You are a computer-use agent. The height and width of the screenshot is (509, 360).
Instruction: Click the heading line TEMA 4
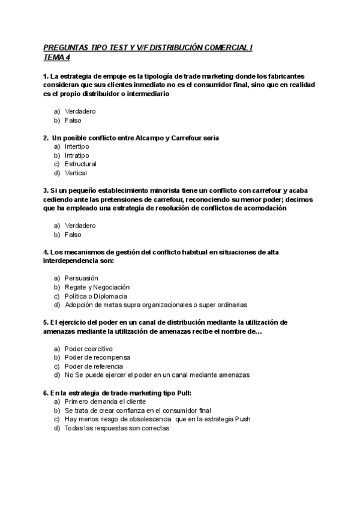(x=57, y=58)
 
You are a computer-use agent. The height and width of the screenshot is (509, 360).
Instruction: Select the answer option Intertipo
(x=76, y=146)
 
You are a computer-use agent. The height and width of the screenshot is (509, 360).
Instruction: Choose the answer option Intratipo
(x=76, y=155)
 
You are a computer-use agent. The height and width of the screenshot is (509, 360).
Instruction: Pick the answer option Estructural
(x=80, y=164)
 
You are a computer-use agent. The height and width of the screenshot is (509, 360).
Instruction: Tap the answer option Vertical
(x=76, y=173)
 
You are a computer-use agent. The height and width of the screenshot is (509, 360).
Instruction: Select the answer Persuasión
(x=81, y=278)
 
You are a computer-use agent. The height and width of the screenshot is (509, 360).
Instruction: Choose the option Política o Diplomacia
(x=95, y=296)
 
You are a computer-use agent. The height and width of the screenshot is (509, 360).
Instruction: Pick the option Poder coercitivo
(x=88, y=349)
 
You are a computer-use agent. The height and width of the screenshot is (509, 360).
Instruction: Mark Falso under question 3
(x=73, y=235)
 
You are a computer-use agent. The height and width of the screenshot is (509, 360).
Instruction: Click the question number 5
(x=46, y=322)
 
